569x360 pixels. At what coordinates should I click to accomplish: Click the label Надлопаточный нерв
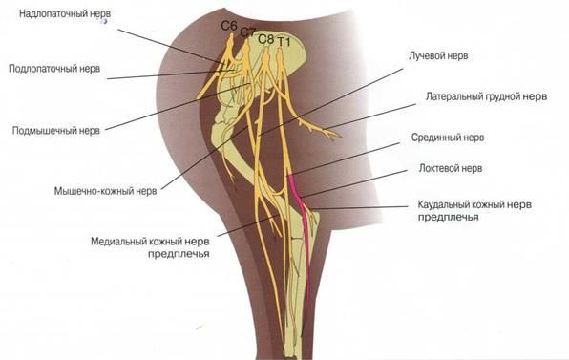coord(65,13)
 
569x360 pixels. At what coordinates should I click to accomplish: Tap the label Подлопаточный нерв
coord(54,69)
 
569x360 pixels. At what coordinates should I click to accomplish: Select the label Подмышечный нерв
coord(56,130)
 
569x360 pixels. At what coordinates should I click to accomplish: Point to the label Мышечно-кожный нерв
coord(106,191)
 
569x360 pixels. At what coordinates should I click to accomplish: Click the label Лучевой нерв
coord(438,56)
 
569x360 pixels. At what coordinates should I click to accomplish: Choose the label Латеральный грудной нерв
coord(486,96)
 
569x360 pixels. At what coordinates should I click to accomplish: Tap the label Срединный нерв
coord(448,138)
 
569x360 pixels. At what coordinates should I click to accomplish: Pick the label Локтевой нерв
coord(451,168)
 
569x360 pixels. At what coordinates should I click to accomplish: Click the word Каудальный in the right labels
coord(443,204)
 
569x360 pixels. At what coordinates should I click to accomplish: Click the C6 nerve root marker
coord(229,26)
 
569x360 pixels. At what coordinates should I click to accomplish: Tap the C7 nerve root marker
coord(248,32)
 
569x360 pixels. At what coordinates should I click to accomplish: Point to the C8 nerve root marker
coord(266,39)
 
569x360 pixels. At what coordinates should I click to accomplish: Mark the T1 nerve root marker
coord(284,42)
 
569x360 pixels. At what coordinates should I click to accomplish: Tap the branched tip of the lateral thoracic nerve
coord(333,135)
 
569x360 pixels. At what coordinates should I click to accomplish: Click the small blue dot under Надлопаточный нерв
coord(105,21)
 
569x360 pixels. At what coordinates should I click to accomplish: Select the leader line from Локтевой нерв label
coord(354,184)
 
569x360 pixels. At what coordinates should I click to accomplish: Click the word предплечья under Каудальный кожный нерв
coord(448,218)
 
